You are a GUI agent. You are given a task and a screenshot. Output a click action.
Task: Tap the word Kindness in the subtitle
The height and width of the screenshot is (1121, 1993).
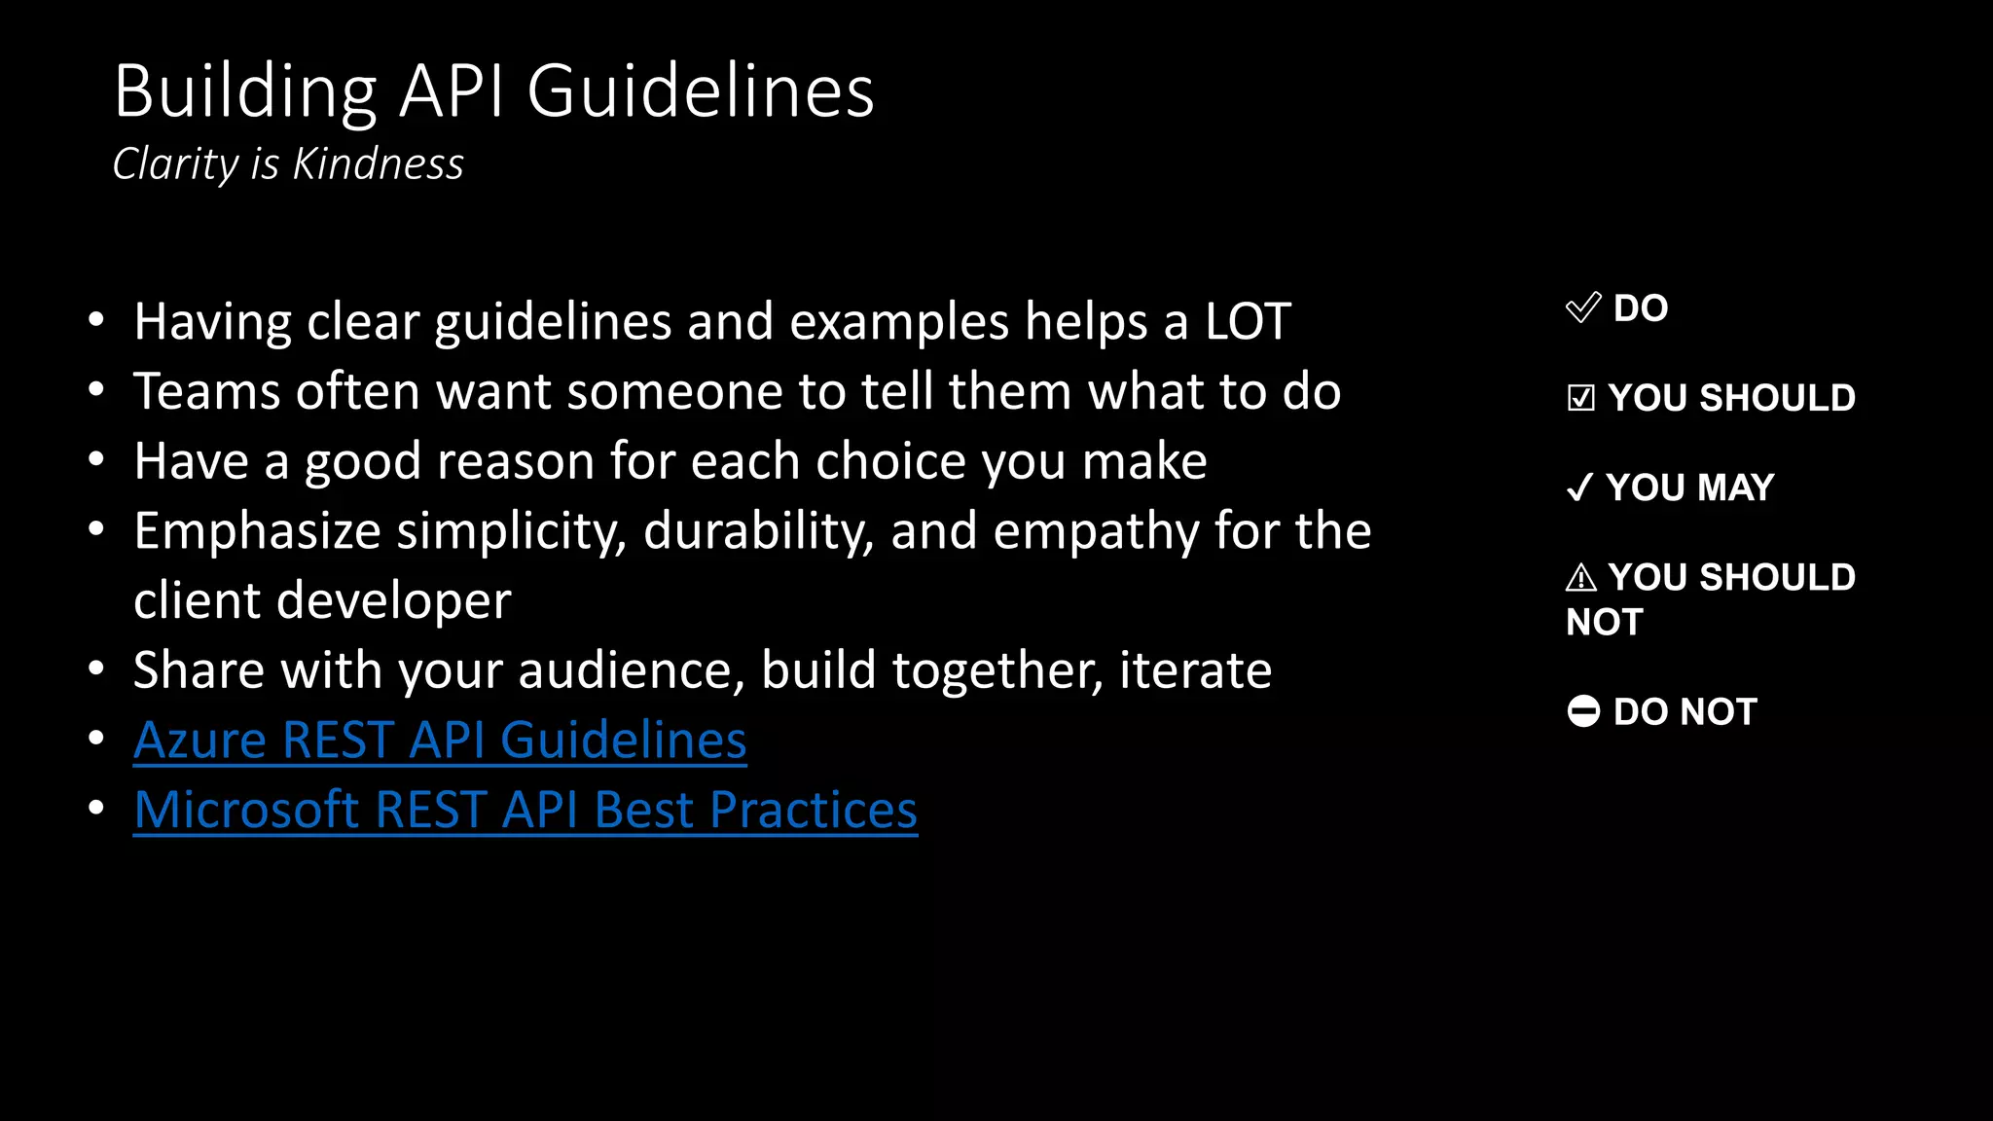click(379, 163)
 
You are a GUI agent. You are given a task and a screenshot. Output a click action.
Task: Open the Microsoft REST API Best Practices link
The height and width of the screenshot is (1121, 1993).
click(525, 810)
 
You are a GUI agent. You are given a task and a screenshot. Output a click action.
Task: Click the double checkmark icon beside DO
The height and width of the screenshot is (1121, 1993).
click(1583, 307)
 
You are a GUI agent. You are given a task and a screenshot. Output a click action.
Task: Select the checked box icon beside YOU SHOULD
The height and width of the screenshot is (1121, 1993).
click(1581, 398)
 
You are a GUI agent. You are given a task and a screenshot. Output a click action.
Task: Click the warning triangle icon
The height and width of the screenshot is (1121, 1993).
click(1581, 578)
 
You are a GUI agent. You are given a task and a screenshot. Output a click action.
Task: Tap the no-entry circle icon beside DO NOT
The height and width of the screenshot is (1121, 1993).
click(1583, 711)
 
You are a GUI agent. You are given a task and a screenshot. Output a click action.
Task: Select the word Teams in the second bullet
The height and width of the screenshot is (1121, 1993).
click(207, 391)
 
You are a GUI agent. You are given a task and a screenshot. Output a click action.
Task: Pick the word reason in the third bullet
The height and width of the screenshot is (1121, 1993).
click(516, 461)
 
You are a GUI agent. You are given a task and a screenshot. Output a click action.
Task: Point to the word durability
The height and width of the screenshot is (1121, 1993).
click(758, 531)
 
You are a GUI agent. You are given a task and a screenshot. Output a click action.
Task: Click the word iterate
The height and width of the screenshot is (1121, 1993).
click(1195, 670)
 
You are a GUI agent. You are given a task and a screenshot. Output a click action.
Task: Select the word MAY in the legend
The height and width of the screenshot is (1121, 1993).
click(1735, 488)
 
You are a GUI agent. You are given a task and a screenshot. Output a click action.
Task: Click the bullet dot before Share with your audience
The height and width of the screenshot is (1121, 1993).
click(95, 669)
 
